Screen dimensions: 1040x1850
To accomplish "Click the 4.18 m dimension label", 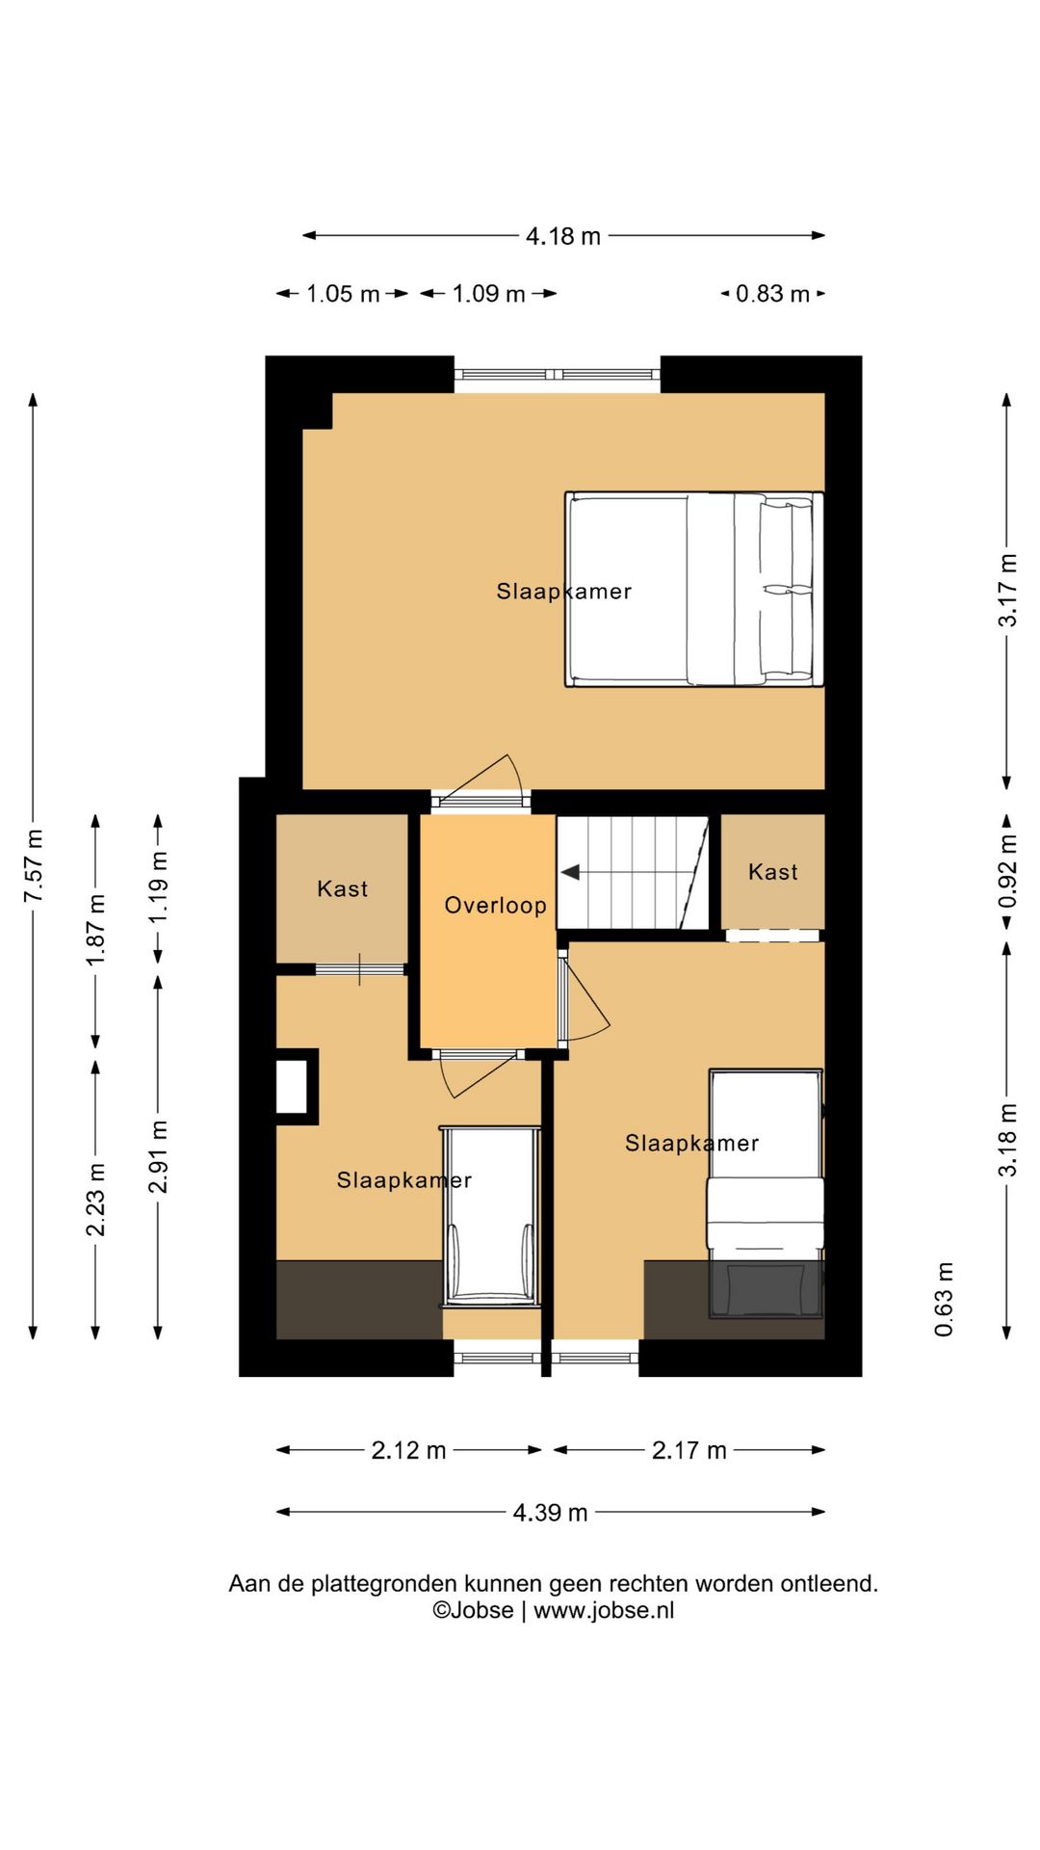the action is [563, 236].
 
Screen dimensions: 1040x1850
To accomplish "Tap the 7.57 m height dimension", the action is [34, 865].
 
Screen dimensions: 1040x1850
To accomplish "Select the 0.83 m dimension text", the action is [772, 294].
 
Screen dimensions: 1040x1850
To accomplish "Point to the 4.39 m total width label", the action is [550, 1512].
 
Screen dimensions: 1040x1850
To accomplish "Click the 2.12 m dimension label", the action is [408, 1450].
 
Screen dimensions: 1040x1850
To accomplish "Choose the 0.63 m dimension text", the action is [944, 1299].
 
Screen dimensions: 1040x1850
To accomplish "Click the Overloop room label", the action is [495, 906].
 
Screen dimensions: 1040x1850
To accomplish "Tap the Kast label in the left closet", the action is [343, 888].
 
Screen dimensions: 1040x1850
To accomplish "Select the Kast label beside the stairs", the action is [773, 872].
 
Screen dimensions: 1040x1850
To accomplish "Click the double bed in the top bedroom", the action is [694, 590].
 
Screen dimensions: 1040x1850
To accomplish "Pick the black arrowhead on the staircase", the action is [570, 872].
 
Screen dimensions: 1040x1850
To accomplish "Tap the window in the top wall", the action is [557, 374].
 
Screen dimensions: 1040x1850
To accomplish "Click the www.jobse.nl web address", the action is [604, 1610].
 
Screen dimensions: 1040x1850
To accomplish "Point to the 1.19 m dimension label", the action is [159, 886].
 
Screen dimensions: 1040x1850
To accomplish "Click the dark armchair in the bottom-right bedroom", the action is [767, 1289].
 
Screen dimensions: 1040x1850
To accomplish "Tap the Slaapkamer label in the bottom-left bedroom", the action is [403, 1180].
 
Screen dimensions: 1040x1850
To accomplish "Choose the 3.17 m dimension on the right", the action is [1007, 590].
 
